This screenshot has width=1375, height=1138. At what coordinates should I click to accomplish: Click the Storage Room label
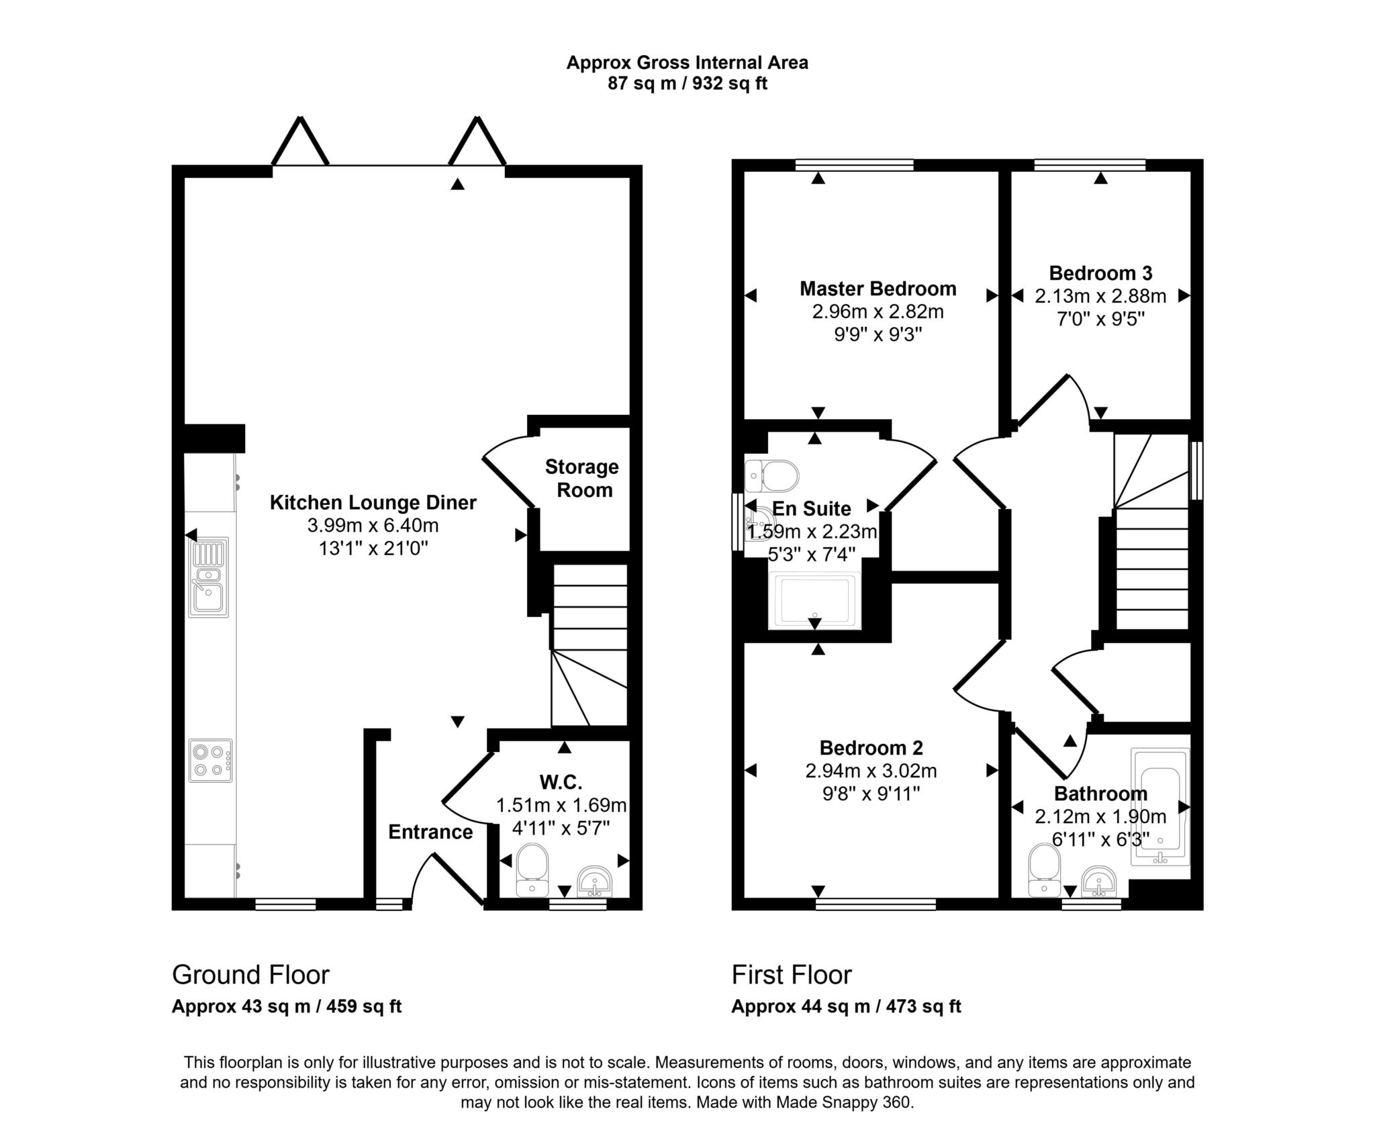click(582, 478)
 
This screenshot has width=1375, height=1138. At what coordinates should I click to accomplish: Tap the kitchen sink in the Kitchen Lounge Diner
click(208, 577)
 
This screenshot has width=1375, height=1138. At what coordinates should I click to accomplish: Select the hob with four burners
click(210, 760)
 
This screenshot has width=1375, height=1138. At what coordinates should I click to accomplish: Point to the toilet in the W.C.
click(532, 870)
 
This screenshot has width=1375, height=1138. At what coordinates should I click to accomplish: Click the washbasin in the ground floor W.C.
click(594, 882)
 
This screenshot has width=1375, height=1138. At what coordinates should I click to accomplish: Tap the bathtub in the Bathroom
click(1159, 806)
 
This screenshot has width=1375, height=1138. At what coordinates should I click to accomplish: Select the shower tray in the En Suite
click(814, 600)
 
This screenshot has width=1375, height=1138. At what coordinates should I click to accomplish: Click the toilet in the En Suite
click(772, 476)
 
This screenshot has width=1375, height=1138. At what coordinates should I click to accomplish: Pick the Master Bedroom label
click(878, 289)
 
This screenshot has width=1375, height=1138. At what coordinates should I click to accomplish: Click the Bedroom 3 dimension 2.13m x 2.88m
click(1100, 296)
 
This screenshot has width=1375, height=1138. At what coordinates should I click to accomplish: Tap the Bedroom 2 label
click(871, 747)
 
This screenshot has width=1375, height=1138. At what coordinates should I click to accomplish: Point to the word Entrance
click(430, 832)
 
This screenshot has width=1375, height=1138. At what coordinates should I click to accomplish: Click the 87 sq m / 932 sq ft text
click(687, 83)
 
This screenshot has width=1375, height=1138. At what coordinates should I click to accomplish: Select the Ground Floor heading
click(250, 974)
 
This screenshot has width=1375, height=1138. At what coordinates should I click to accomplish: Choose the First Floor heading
click(792, 974)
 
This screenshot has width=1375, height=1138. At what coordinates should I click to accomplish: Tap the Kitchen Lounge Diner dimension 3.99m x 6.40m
click(373, 525)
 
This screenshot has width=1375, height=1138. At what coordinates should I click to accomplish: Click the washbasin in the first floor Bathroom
click(1099, 882)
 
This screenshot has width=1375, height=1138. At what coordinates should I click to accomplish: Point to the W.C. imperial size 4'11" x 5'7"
click(561, 828)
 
